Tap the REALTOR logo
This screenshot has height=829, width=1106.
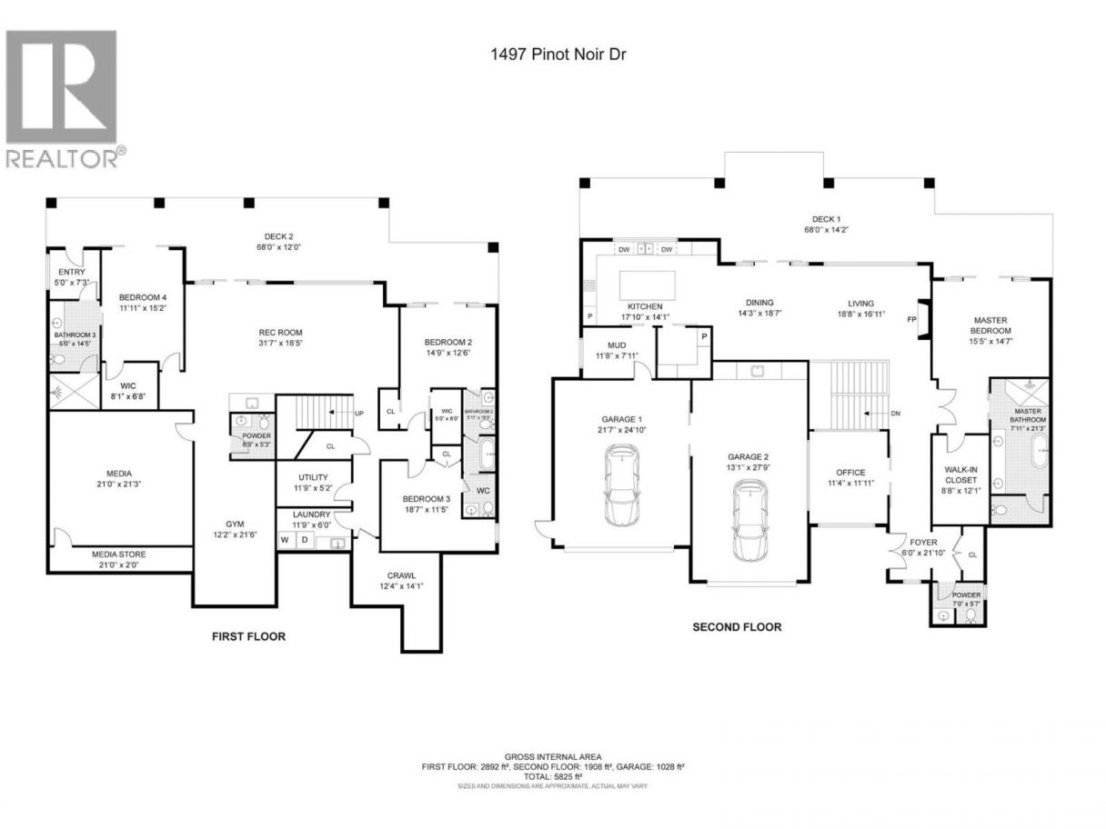click(x=63, y=99)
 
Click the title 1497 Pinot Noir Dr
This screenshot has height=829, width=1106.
click(x=553, y=55)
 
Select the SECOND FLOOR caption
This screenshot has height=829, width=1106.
click(x=737, y=626)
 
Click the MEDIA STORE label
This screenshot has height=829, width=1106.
click(x=119, y=554)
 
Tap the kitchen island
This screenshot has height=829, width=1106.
click(x=648, y=284)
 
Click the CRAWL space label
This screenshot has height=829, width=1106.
click(x=401, y=575)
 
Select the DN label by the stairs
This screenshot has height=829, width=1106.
click(x=895, y=414)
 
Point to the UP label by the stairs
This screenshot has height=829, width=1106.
click(x=358, y=413)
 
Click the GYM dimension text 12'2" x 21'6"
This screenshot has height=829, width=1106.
click(x=235, y=535)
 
